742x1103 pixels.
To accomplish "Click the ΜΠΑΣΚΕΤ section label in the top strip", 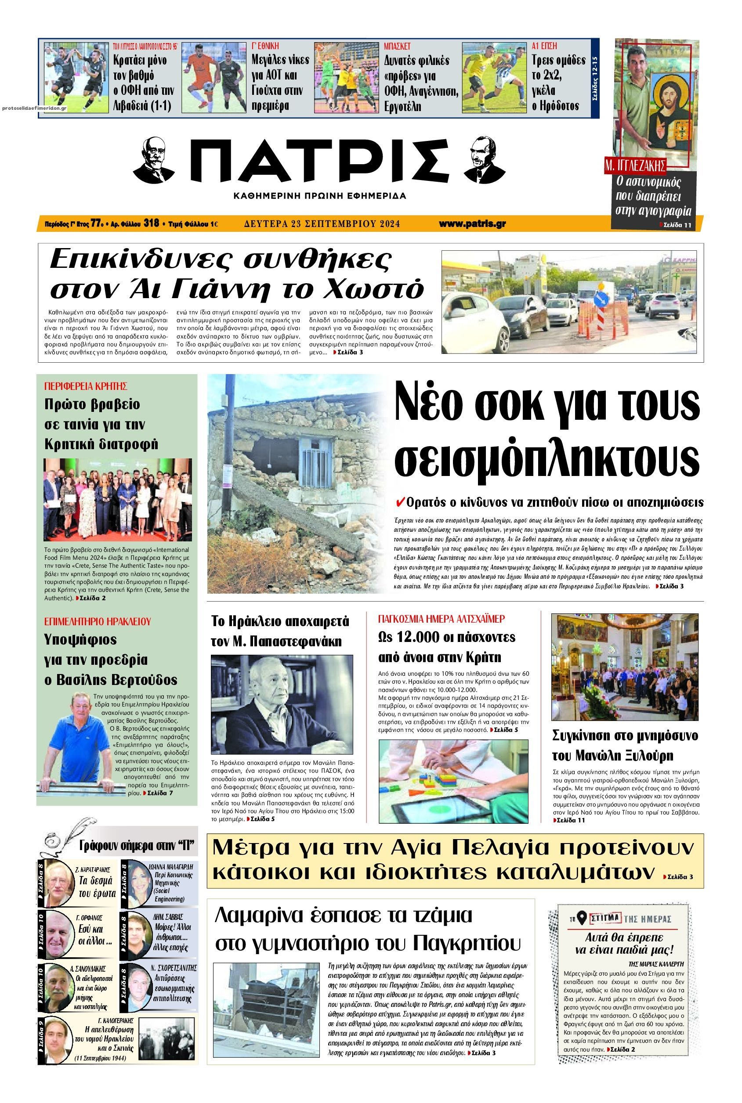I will tap(397, 47).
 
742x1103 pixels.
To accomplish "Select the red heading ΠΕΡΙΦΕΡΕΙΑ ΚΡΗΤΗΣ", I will tap(86, 386).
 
